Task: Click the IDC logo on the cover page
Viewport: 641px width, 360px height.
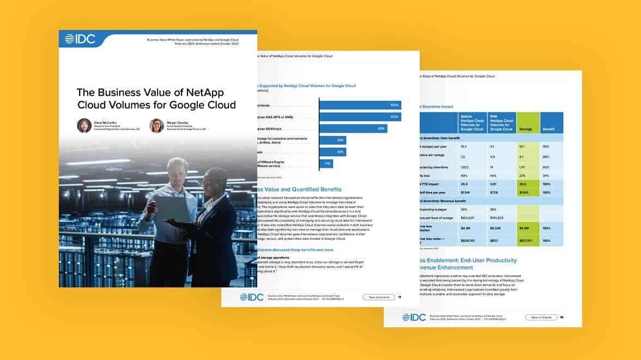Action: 80,39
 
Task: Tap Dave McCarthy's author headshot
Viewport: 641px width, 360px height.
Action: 84,125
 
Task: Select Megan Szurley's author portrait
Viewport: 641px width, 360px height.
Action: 156,125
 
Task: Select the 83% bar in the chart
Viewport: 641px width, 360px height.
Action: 353,129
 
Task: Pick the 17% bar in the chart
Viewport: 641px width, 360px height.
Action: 326,163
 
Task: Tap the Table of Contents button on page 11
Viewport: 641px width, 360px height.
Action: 379,297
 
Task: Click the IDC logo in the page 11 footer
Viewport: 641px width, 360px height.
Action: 252,297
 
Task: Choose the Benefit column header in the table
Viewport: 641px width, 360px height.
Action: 552,129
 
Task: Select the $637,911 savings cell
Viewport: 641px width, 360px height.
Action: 527,240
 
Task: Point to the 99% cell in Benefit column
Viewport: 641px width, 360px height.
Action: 547,147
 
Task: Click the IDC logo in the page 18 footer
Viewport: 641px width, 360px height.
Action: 414,317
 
